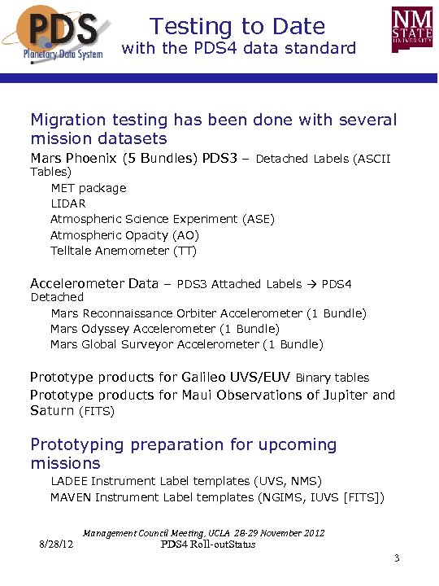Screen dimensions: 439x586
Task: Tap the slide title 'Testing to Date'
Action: [237, 27]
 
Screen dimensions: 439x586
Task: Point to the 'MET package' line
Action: [89, 188]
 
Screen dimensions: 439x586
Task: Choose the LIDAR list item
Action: [68, 203]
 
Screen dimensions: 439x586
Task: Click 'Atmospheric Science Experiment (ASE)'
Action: [163, 219]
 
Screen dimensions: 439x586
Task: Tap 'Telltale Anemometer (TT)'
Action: [124, 251]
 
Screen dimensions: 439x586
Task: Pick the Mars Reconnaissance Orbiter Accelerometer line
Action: [208, 313]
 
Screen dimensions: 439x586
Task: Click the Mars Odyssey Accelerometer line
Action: [165, 329]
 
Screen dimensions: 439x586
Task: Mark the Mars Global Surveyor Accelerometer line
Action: [186, 344]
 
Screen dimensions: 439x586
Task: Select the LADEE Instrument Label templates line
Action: [186, 481]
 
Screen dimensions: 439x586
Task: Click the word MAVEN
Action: [71, 497]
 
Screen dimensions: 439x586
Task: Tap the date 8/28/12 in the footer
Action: [57, 544]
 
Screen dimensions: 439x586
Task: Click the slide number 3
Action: [396, 558]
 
